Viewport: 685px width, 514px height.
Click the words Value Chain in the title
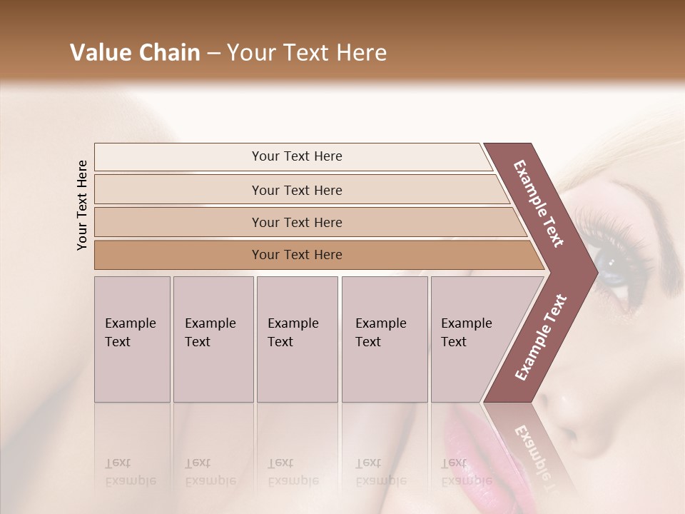[x=135, y=53]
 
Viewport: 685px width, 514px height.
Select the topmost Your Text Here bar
[x=296, y=156]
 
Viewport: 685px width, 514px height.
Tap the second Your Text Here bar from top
[x=296, y=190]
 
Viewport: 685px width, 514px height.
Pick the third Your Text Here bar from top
[x=296, y=222]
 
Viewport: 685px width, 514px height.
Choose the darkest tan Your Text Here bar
[x=296, y=255]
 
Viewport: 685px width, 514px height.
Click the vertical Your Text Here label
[x=82, y=205]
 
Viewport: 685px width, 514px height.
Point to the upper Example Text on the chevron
[x=539, y=203]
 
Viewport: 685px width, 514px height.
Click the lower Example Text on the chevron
[x=540, y=337]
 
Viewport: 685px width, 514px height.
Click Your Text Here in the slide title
[x=307, y=53]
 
